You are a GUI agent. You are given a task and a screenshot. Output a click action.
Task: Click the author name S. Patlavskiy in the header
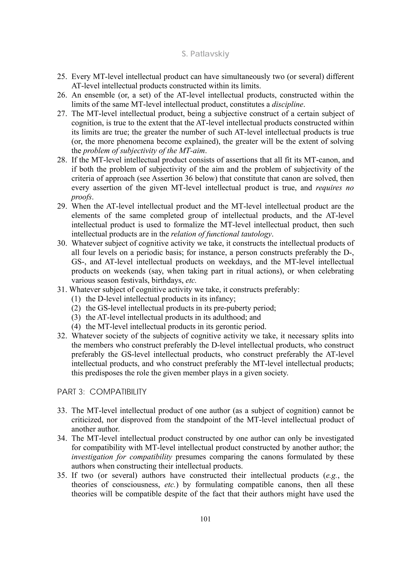coord(205,54)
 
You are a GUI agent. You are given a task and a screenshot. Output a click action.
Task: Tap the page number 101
coord(205,519)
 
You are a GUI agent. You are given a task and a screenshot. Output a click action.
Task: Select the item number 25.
coord(62,76)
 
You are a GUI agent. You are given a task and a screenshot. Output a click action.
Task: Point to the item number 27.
coord(62,114)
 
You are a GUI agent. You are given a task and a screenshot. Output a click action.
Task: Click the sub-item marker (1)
coord(76,299)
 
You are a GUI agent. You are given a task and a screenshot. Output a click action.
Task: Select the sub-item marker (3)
coord(76,317)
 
